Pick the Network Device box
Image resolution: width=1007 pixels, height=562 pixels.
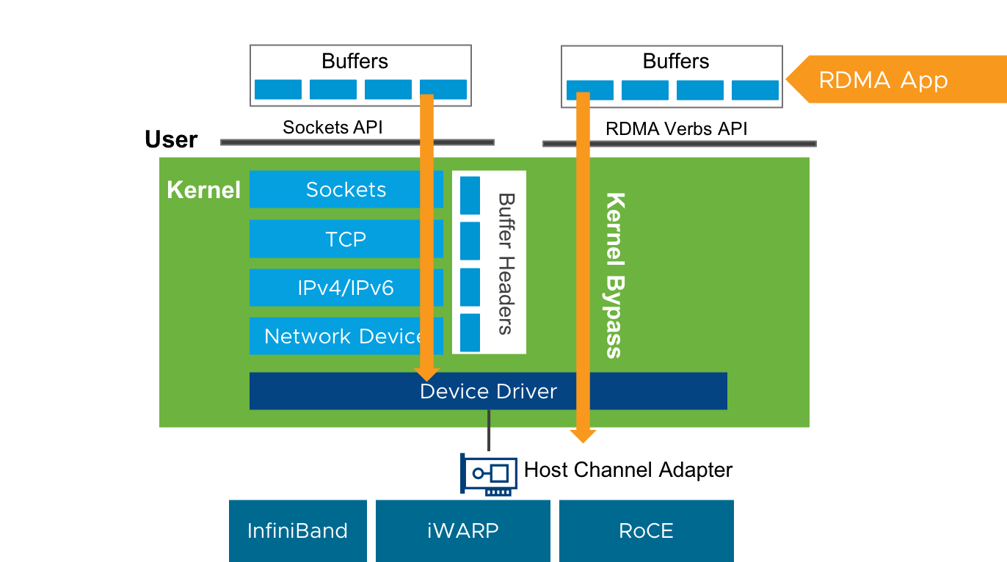334,336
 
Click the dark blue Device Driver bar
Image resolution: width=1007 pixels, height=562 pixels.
488,391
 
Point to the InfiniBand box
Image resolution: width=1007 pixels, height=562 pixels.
297,530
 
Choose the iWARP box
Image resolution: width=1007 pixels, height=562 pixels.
462,530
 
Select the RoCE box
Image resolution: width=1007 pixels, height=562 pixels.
646,530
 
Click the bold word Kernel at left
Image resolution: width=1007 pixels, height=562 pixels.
203,190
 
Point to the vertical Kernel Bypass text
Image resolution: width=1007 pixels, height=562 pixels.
614,275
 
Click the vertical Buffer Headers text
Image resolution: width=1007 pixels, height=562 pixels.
505,263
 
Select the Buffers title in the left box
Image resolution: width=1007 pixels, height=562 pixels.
355,61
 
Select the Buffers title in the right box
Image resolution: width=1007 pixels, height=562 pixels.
675,61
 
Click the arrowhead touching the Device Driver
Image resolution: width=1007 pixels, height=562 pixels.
426,374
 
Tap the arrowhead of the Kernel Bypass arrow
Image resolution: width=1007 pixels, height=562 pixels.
583,436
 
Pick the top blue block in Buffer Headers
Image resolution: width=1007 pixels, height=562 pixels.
470,195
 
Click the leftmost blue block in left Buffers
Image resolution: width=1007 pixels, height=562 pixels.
277,90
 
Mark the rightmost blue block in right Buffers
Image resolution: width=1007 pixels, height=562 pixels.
755,90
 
